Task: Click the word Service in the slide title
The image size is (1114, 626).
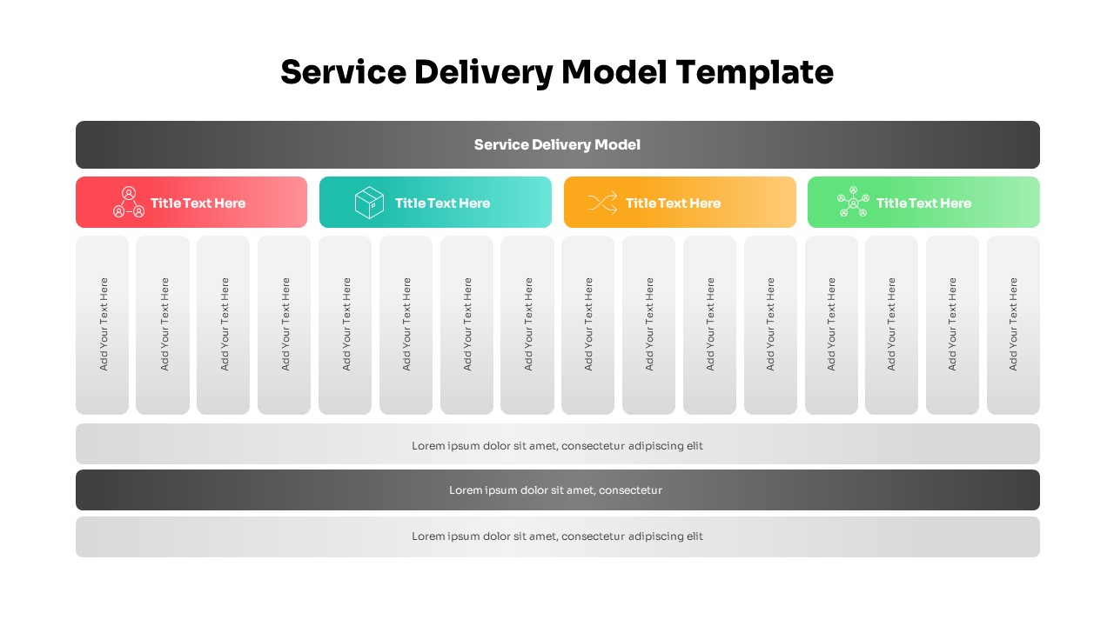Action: [343, 72]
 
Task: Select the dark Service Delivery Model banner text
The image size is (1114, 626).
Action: [557, 144]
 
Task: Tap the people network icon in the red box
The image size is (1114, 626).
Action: [129, 203]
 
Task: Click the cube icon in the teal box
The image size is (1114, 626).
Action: [369, 203]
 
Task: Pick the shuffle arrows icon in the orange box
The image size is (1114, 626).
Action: [602, 203]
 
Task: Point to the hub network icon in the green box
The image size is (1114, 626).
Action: [853, 203]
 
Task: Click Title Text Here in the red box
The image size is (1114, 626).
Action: [198, 203]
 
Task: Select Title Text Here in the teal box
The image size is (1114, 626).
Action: [442, 203]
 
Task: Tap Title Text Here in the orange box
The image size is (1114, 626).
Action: [673, 203]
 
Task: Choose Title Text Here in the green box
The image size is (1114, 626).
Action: [923, 203]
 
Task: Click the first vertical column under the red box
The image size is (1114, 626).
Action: [103, 325]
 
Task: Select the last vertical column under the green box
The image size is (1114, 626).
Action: [1013, 325]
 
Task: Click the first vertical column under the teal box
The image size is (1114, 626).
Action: [346, 325]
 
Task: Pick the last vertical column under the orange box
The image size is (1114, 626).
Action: [770, 325]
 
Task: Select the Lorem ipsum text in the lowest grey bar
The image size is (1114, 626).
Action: [557, 536]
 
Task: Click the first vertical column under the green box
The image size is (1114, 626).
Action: [831, 325]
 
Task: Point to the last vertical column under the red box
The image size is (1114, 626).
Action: [285, 325]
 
